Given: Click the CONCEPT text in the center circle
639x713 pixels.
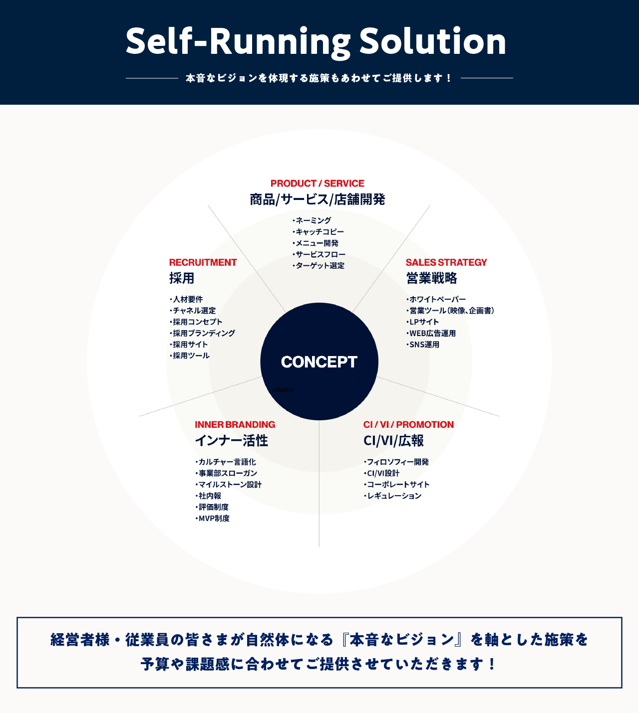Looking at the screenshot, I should [319, 362].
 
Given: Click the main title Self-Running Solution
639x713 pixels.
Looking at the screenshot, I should [316, 41].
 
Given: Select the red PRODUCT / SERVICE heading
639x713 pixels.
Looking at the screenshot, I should [317, 183].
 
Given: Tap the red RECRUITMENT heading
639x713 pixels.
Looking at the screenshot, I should [203, 262].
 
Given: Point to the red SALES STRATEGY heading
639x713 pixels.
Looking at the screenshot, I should [446, 262].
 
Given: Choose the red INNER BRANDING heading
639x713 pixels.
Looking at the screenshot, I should [235, 425].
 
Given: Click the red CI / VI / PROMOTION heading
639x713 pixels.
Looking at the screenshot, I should [408, 425].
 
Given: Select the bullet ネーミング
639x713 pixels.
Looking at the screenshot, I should [313, 220].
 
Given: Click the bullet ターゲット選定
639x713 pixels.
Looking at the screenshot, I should [319, 266].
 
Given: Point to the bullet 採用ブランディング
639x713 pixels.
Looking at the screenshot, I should [203, 333].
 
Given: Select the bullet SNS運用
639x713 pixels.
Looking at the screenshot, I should [424, 345].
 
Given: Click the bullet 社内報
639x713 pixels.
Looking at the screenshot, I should [209, 496].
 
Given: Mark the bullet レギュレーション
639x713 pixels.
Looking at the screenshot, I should [394, 496].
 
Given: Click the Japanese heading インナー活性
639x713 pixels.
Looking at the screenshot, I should [231, 441].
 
